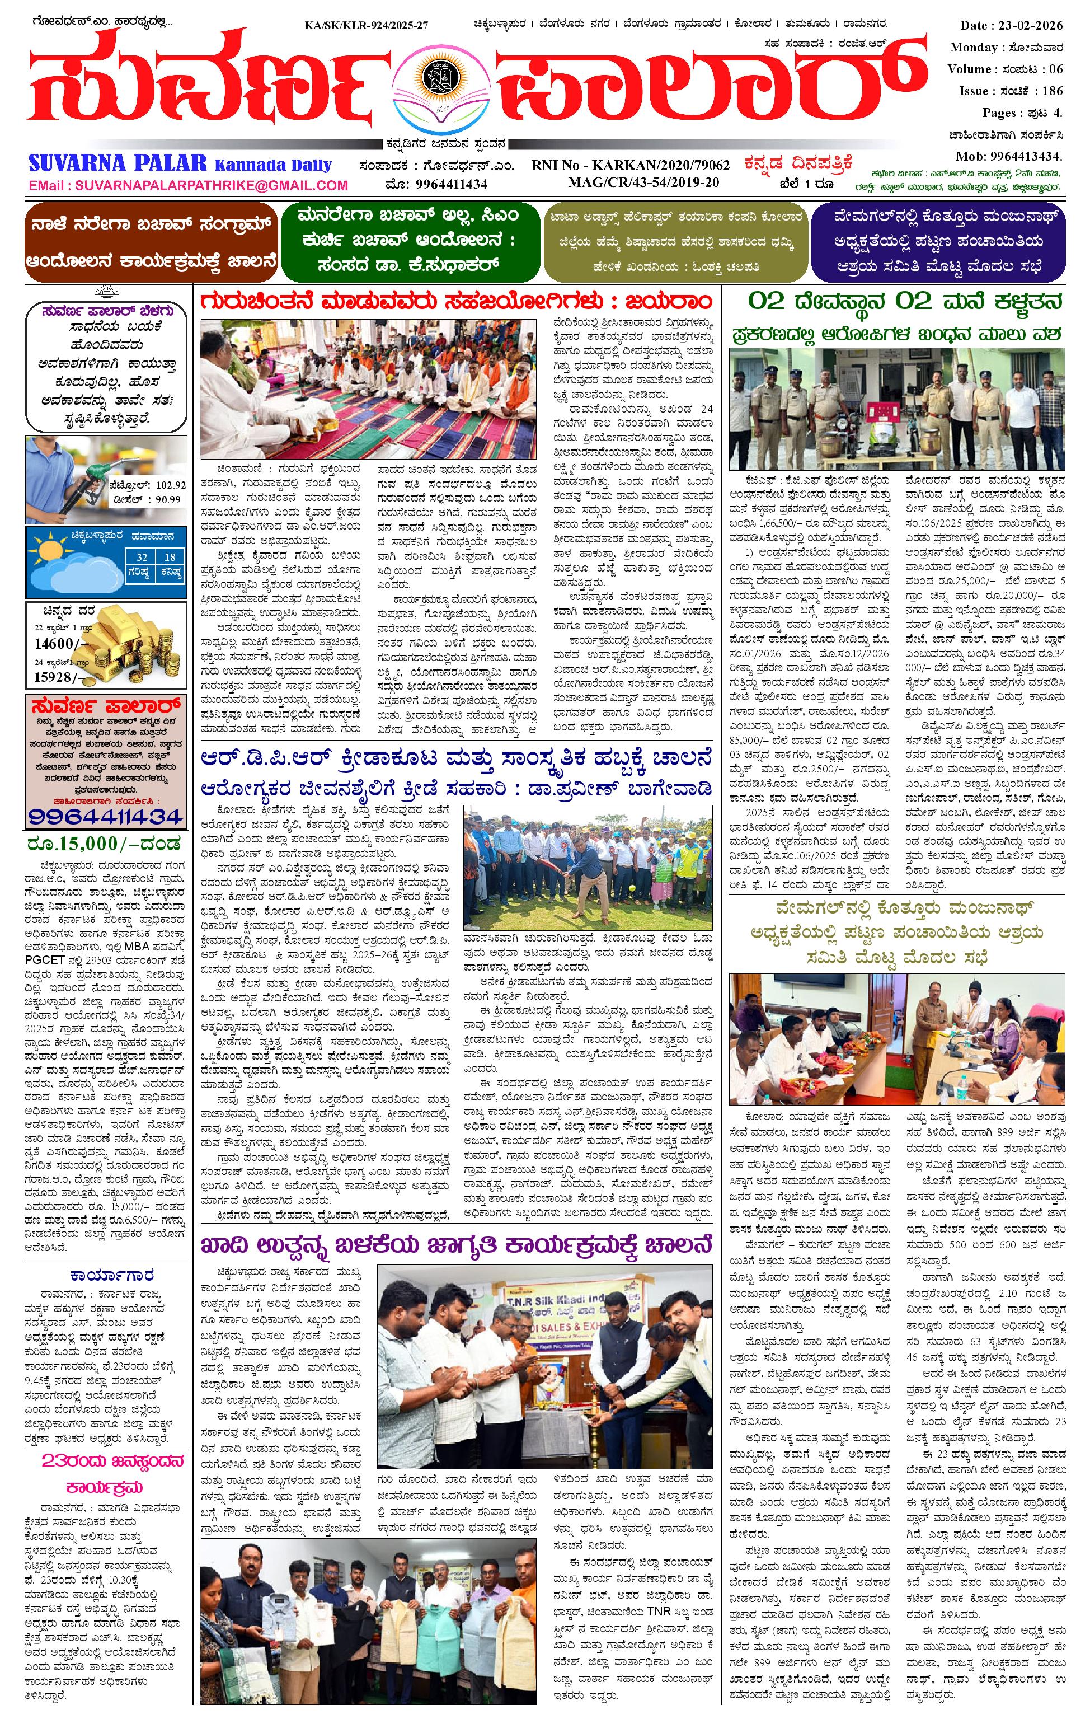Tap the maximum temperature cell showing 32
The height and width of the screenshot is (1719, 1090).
pos(142,558)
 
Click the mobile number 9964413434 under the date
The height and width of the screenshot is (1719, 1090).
pos(1026,156)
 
